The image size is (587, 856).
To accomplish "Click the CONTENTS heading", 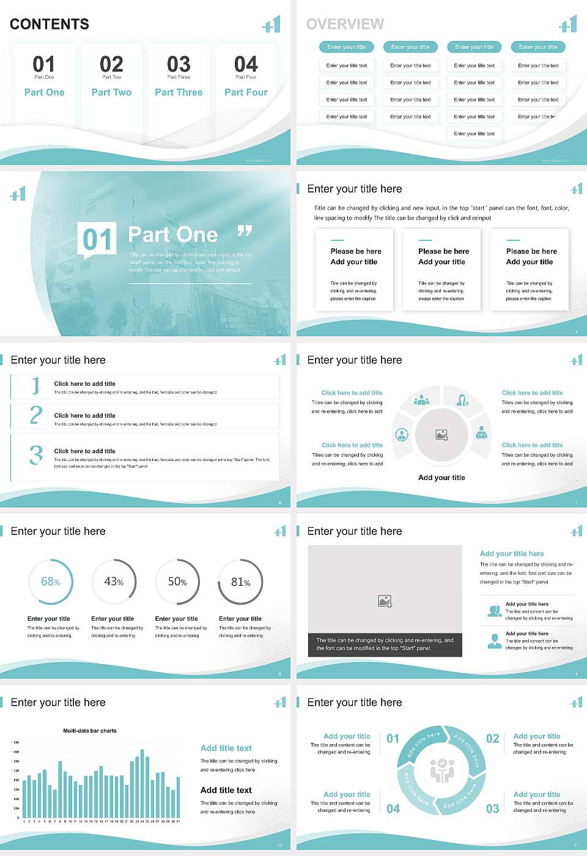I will (x=50, y=24).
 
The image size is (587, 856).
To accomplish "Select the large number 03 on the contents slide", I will (x=179, y=64).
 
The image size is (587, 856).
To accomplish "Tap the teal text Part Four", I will (x=246, y=92).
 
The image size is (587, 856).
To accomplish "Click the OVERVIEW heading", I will (x=345, y=24).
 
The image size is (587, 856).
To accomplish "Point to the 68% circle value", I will (x=51, y=581).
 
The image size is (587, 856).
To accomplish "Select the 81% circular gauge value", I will (x=240, y=582).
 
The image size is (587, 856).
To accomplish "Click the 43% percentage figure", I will (x=114, y=581).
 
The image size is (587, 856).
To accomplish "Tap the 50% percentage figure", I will (x=177, y=581).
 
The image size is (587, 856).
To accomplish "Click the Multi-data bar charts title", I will (x=90, y=731).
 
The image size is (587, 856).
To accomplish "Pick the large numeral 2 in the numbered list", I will (x=36, y=415).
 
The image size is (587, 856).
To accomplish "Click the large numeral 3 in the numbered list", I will (x=36, y=455).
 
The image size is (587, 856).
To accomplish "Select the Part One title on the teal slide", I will (x=173, y=235).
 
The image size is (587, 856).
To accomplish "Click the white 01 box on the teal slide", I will (x=97, y=239).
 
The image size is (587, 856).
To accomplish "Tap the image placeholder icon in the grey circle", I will (x=441, y=435).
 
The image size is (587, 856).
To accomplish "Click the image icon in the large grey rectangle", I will (x=385, y=601).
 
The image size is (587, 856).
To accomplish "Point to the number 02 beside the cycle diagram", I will (x=492, y=739).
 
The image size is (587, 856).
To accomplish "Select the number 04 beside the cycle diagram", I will (x=393, y=809).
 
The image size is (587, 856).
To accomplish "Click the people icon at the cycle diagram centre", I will (x=441, y=770).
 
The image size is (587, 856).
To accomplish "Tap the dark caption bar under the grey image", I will (x=385, y=644).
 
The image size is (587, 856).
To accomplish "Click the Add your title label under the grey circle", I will (x=441, y=478).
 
